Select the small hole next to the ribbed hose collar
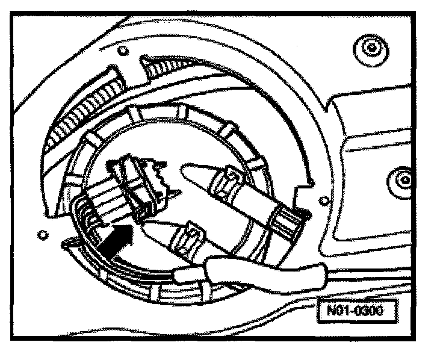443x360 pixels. (x=325, y=199)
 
